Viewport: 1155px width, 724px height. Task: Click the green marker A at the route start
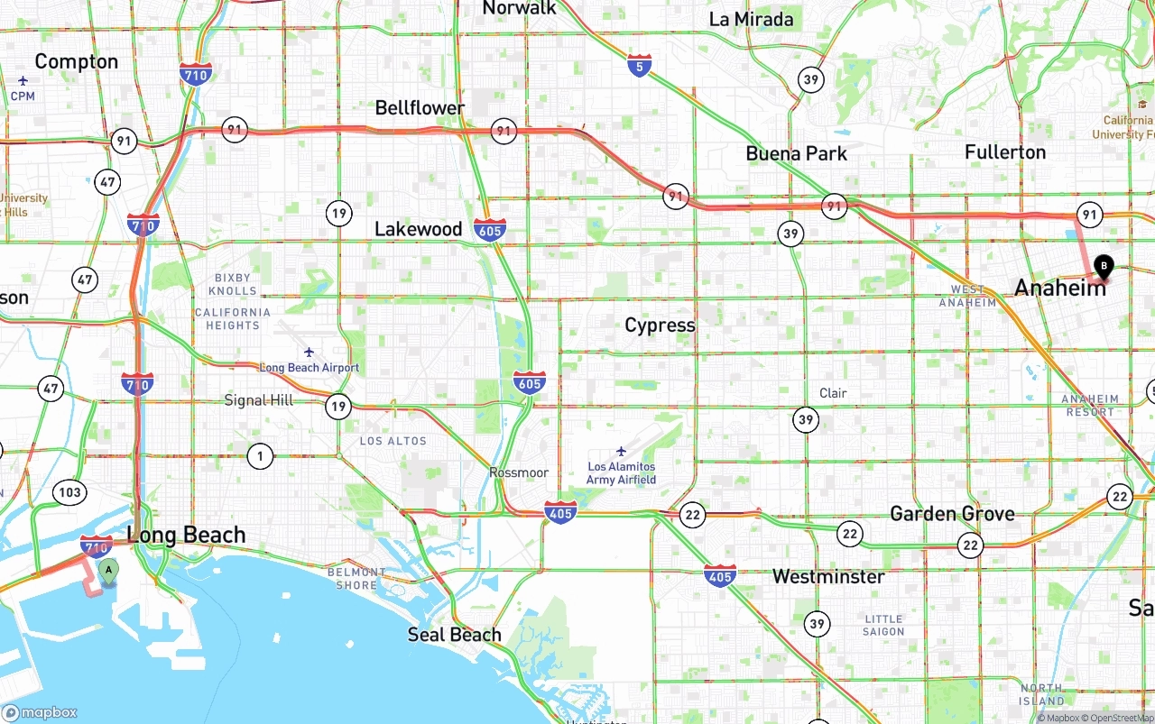point(108,571)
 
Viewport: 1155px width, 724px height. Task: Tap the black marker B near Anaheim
point(1103,267)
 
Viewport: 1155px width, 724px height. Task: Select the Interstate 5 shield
point(640,65)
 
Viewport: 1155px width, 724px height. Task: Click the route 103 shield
point(69,492)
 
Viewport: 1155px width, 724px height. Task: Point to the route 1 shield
point(260,456)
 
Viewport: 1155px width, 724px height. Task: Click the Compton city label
point(77,62)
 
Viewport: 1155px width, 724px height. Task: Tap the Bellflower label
point(420,108)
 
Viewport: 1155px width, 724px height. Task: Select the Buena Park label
point(796,153)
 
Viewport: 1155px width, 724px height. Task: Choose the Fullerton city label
point(1004,152)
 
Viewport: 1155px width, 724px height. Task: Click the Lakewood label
point(418,229)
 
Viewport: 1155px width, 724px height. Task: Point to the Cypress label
point(660,325)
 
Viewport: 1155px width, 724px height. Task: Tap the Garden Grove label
point(952,514)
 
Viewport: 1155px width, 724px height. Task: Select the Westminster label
point(828,576)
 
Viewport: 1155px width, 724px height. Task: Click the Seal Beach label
point(454,635)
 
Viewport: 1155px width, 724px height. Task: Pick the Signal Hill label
point(258,400)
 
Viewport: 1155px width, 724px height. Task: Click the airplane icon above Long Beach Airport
point(310,352)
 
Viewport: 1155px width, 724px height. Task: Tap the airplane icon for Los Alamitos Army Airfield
point(621,451)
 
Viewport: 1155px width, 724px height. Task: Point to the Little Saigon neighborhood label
point(883,625)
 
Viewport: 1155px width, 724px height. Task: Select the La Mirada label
point(751,20)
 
